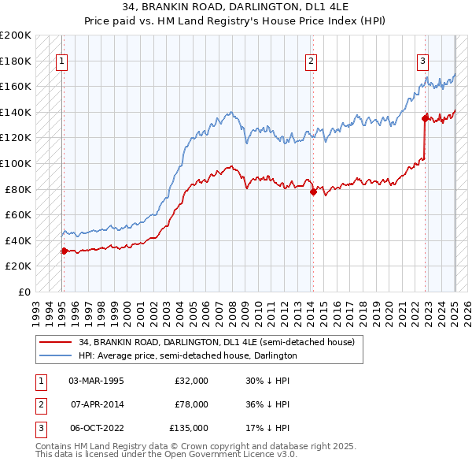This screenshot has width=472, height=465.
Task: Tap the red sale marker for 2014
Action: tap(313, 192)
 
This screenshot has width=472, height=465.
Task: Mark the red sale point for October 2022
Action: tap(425, 118)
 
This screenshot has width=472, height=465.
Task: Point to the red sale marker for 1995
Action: tap(64, 251)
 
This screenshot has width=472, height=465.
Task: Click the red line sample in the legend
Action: tap(55, 342)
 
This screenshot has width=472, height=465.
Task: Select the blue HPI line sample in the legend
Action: tap(55, 355)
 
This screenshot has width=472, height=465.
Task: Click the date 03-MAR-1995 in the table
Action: tap(97, 380)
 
